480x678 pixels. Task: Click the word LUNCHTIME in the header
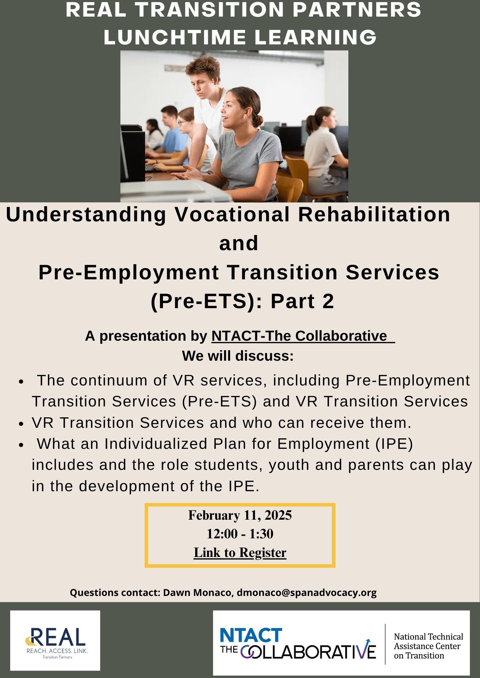174,37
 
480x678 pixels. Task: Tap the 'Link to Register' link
240,552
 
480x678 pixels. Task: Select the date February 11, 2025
240,515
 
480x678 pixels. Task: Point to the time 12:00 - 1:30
240,534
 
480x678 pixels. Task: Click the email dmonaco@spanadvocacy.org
307,593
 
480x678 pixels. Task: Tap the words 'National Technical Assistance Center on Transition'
428,646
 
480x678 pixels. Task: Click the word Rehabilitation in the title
374,214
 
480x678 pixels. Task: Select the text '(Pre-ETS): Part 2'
242,301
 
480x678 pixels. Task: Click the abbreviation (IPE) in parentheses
394,444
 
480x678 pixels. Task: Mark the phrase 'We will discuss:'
238,356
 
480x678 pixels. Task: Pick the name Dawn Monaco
198,593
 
